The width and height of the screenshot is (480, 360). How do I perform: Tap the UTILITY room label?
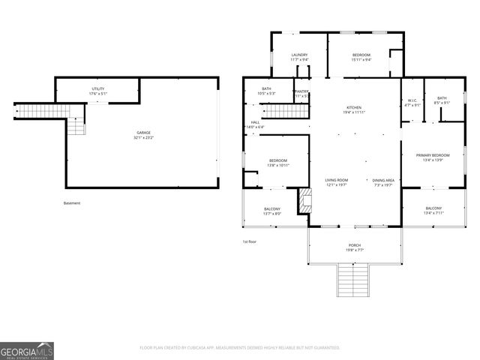pyautogui.click(x=98, y=88)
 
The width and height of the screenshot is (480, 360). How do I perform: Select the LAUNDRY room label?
pyautogui.click(x=300, y=55)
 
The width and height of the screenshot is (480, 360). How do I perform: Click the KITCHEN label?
pyautogui.click(x=354, y=107)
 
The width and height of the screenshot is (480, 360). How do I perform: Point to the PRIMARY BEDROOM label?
pyautogui.click(x=433, y=155)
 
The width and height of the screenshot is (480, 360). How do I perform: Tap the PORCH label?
pyautogui.click(x=354, y=245)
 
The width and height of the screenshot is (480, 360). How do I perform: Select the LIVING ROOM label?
pyautogui.click(x=337, y=180)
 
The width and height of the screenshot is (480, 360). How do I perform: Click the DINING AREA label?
pyautogui.click(x=384, y=180)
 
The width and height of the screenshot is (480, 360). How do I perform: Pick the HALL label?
pyautogui.click(x=255, y=122)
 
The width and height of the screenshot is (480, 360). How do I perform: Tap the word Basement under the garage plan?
pyautogui.click(x=72, y=202)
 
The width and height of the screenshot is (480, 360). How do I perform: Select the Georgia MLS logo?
pyautogui.click(x=27, y=351)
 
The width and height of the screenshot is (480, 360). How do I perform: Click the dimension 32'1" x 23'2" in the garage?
pyautogui.click(x=144, y=137)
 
